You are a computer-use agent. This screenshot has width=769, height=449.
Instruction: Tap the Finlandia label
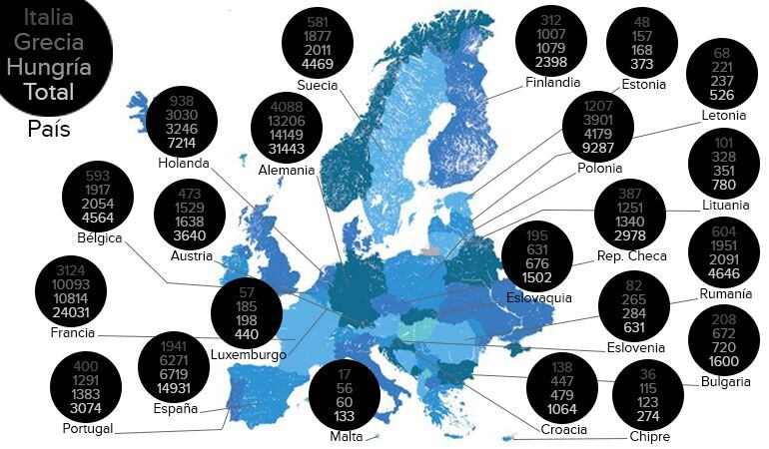(552, 83)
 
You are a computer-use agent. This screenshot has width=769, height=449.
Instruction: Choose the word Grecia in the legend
(49, 43)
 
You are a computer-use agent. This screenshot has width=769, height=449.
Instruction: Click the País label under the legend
(48, 130)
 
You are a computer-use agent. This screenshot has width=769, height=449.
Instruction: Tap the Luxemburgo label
(249, 355)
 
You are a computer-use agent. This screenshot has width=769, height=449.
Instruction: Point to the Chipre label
(649, 436)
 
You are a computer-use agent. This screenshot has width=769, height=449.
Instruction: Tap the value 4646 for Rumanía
(725, 273)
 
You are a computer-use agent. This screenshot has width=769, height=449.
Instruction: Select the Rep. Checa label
(631, 256)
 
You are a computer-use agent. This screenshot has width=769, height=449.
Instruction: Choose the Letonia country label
(724, 115)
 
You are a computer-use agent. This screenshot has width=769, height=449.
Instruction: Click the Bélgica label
(100, 237)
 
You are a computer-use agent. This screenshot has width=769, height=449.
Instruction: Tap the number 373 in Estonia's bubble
(642, 65)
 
